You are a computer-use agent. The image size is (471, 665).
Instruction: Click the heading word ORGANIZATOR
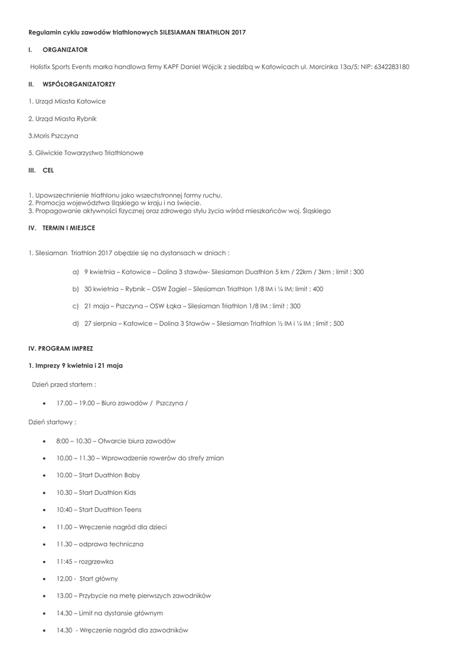pos(65,49)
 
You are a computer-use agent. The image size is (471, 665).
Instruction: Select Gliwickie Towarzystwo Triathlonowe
pos(86,153)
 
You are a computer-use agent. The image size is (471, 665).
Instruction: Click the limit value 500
pos(338,323)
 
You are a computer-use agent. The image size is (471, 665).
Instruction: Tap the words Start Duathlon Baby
pos(108,475)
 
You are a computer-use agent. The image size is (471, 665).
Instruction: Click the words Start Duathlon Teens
pos(109,510)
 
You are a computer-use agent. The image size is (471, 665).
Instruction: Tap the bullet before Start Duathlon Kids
pos(44,493)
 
